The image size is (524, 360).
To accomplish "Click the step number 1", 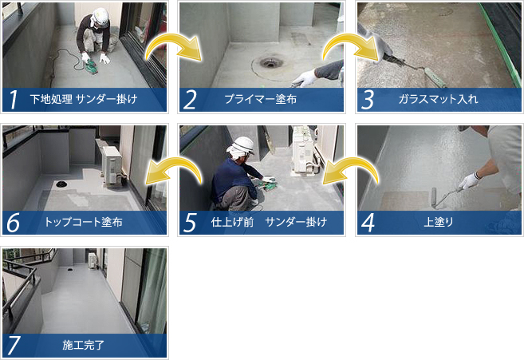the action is (x=14, y=99).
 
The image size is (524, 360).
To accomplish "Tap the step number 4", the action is (x=368, y=223).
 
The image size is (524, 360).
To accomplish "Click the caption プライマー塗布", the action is (x=260, y=99).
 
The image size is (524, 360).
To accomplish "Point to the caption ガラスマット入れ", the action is (x=438, y=99).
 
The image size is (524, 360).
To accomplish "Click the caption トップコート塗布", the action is (x=84, y=222).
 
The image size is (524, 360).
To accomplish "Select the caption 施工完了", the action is (x=84, y=345).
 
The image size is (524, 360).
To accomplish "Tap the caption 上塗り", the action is (x=438, y=222).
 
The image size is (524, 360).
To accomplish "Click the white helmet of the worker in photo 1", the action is (x=100, y=16).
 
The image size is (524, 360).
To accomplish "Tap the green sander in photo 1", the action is (x=90, y=66).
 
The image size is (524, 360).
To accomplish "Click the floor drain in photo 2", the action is (x=269, y=62).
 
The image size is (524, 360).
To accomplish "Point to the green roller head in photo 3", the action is (x=434, y=77).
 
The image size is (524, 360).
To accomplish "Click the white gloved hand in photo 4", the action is (x=471, y=180).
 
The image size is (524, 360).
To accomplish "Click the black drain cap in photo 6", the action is (x=61, y=184).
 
